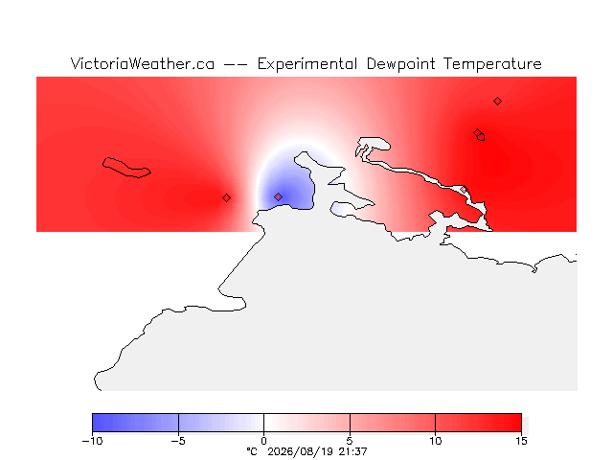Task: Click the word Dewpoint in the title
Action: [x=400, y=64]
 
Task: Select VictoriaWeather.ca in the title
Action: [x=143, y=63]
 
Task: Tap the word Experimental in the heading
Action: [x=307, y=64]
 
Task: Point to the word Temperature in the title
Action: [x=492, y=64]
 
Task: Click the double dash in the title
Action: [x=236, y=64]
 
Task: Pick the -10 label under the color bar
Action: [x=92, y=441]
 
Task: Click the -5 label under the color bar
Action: [x=178, y=441]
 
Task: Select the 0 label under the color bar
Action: [x=264, y=441]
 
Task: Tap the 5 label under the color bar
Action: [x=350, y=441]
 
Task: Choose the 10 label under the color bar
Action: [x=435, y=441]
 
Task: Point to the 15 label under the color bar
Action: [x=521, y=441]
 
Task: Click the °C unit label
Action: [x=252, y=451]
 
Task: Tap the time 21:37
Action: [x=352, y=451]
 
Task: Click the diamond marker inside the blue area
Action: [x=278, y=196]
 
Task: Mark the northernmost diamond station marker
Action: [x=497, y=102]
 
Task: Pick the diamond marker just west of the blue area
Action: [x=226, y=198]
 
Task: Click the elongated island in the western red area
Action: [x=126, y=168]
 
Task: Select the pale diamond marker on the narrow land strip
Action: [x=464, y=190]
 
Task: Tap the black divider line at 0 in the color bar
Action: [x=264, y=423]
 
